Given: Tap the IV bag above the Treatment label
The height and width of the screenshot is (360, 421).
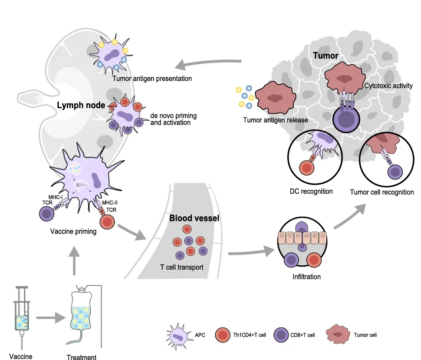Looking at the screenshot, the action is [81, 314].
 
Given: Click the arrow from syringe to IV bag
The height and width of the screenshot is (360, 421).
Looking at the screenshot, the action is [51, 318].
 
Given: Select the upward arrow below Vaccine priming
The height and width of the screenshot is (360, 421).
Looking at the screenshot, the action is [74, 261].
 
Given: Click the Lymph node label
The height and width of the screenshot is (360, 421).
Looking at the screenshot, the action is [81, 105].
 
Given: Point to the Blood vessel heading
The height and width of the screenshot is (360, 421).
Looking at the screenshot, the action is [194, 218].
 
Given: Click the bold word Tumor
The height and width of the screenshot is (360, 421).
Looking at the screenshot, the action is [326, 56].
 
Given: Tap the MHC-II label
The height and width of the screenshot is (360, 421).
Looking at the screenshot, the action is [109, 202].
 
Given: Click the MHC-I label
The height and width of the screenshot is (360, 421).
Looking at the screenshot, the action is [55, 197].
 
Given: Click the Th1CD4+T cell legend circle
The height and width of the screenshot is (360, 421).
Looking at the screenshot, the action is [223, 335].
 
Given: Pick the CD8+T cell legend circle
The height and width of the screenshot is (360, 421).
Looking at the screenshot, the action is [281, 335].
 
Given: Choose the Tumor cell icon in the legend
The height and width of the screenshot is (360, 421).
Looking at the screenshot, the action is [338, 334].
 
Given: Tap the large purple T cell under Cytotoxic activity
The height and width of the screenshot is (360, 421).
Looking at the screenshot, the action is [346, 119].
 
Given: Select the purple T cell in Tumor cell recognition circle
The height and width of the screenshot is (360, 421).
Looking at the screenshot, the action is [395, 172].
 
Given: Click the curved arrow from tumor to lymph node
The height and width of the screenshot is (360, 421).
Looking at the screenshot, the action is [208, 63].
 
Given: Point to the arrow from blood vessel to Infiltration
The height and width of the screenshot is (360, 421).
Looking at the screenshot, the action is [251, 252].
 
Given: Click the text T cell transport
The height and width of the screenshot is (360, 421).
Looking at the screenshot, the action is [182, 268].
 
